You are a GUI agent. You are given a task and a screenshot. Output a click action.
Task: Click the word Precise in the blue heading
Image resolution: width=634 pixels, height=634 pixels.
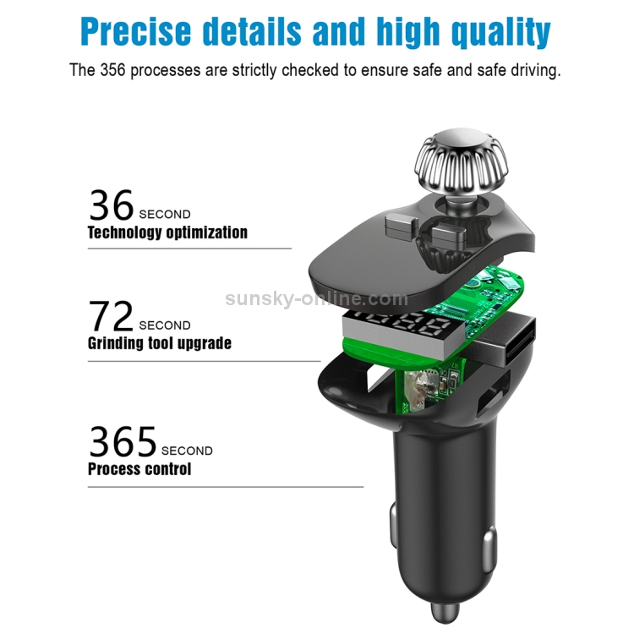coord(136,31)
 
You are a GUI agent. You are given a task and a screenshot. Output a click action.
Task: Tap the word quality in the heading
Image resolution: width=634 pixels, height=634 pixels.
coord(501,33)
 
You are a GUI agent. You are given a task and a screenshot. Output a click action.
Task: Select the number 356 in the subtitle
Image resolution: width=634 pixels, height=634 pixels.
coord(112,70)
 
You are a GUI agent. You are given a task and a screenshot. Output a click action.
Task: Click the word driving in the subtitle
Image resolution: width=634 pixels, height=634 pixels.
coord(534,70)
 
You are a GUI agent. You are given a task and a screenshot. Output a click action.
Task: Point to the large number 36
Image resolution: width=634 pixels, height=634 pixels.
coord(112,205)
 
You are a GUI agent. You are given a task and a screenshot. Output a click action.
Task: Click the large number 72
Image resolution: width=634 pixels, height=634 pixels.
coord(111,316)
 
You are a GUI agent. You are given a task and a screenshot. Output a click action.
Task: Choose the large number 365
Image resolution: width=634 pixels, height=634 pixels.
coord(123,441)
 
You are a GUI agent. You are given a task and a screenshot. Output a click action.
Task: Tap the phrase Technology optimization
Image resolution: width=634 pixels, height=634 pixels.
coord(167,232)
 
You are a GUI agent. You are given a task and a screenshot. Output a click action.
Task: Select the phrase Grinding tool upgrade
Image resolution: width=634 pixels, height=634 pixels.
coord(160,343)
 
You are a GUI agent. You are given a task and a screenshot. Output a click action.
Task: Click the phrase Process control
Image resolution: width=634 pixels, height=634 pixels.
coord(139,468)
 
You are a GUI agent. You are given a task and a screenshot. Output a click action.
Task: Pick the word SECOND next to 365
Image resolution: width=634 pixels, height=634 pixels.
coord(187,451)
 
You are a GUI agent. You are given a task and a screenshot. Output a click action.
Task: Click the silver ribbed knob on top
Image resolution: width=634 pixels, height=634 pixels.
coord(461,161)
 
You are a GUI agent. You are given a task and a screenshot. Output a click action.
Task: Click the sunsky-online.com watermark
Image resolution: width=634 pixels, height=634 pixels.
coord(317,298)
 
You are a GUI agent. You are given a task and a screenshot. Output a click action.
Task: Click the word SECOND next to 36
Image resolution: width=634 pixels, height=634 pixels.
coord(165,215)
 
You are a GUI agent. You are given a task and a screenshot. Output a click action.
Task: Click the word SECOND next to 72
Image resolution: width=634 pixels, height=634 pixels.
coord(165,325)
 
